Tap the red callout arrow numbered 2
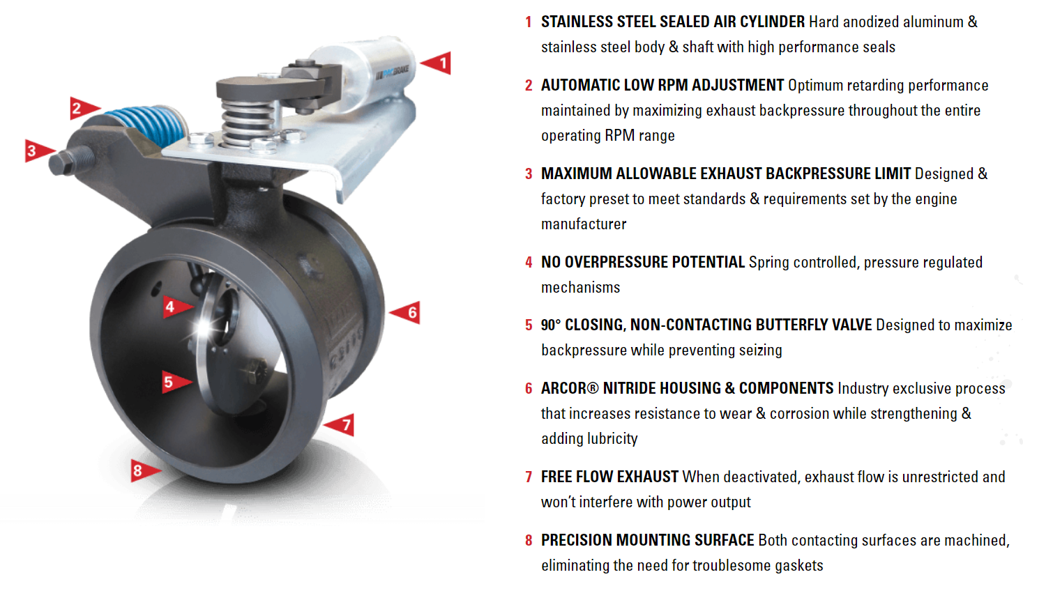click(82, 108)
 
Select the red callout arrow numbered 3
click(36, 151)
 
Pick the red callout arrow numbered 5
click(173, 381)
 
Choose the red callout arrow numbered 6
click(407, 312)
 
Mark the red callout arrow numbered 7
click(342, 424)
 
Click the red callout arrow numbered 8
click(142, 470)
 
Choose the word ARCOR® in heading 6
click(570, 389)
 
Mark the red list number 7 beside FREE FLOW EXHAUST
click(529, 477)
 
